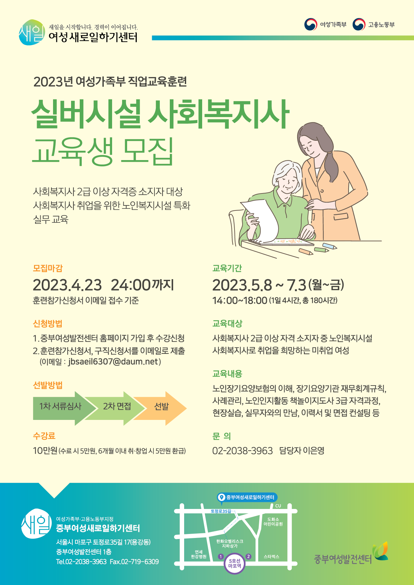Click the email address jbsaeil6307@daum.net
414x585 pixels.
(x=113, y=362)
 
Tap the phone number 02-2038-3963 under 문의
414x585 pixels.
(x=243, y=451)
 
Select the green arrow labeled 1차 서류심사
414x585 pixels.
(x=63, y=408)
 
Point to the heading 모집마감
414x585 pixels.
(x=48, y=268)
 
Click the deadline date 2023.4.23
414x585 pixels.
(x=67, y=285)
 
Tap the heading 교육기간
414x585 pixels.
(x=227, y=268)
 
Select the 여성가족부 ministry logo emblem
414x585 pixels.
(x=311, y=24)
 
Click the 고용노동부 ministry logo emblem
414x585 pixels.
(x=359, y=24)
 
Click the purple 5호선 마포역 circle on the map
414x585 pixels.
(x=235, y=563)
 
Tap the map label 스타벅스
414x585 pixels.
(x=271, y=557)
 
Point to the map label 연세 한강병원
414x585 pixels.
(x=198, y=554)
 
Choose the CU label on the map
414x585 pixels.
(x=278, y=506)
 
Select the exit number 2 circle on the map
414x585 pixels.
(x=248, y=556)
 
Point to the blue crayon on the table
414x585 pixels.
(x=329, y=246)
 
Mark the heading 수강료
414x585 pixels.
(x=44, y=436)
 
